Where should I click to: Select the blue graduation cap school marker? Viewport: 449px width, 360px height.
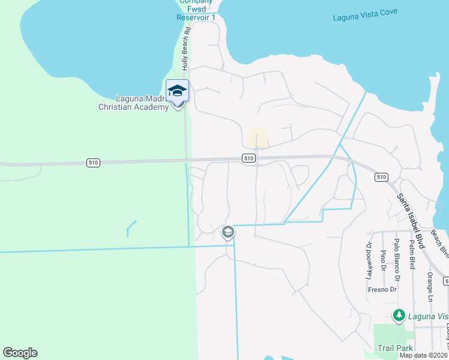tap(177, 91)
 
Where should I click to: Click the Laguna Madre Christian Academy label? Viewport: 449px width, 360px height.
tap(134, 103)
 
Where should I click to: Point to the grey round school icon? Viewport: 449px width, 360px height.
tap(228, 232)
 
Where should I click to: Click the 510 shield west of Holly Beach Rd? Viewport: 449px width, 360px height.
tap(92, 162)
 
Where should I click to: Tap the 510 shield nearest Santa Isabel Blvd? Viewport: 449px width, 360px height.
tap(381, 177)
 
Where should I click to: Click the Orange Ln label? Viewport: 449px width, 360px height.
tap(430, 286)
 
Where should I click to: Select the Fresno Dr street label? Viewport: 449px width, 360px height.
tap(382, 289)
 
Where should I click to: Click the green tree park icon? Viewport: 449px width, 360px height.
tap(398, 315)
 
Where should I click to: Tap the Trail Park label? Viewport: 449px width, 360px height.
tap(394, 348)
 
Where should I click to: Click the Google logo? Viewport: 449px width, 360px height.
tap(20, 353)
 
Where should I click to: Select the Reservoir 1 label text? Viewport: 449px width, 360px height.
tap(195, 17)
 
